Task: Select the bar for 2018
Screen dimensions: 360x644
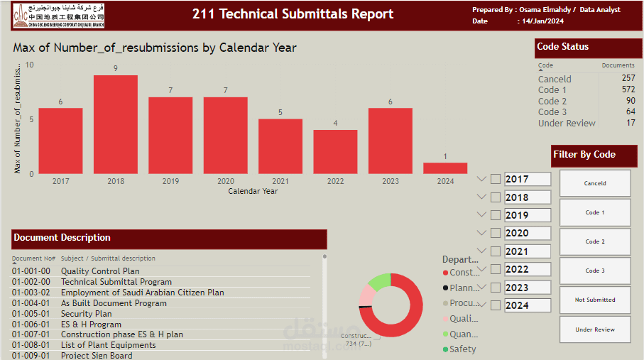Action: (x=116, y=124)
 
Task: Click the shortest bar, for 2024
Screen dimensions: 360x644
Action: (x=445, y=168)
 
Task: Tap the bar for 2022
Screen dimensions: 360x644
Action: (x=335, y=152)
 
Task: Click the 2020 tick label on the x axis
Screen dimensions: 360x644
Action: (x=226, y=182)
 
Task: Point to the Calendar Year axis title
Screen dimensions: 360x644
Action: (x=253, y=191)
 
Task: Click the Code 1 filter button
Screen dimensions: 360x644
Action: (x=595, y=212)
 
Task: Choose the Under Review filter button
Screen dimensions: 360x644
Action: (x=595, y=329)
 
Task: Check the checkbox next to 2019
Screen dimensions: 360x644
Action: (x=496, y=215)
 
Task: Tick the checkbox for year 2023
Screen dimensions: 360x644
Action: (x=496, y=288)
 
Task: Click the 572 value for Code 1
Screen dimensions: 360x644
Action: (x=628, y=90)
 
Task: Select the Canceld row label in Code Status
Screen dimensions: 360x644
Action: (x=555, y=79)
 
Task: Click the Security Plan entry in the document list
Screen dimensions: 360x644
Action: (x=86, y=314)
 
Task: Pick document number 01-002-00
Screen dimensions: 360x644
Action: (x=31, y=282)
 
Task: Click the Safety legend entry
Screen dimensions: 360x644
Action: (x=462, y=349)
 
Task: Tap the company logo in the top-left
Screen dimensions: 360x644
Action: (x=58, y=16)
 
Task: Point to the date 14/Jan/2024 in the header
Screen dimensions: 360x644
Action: (x=542, y=21)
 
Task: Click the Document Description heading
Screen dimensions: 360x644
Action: (x=62, y=238)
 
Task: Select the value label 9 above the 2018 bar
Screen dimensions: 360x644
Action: (x=116, y=68)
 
